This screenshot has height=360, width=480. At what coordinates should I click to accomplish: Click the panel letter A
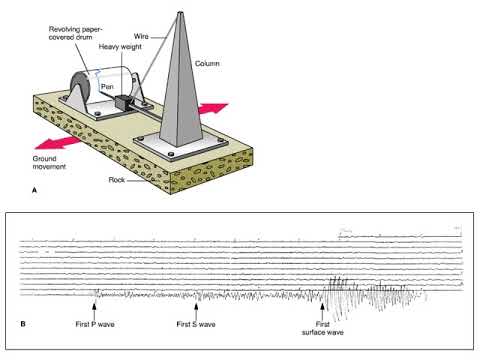click(36, 188)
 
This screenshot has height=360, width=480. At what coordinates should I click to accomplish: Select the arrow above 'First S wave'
click(196, 296)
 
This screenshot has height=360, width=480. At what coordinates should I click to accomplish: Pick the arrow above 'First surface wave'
click(322, 297)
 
